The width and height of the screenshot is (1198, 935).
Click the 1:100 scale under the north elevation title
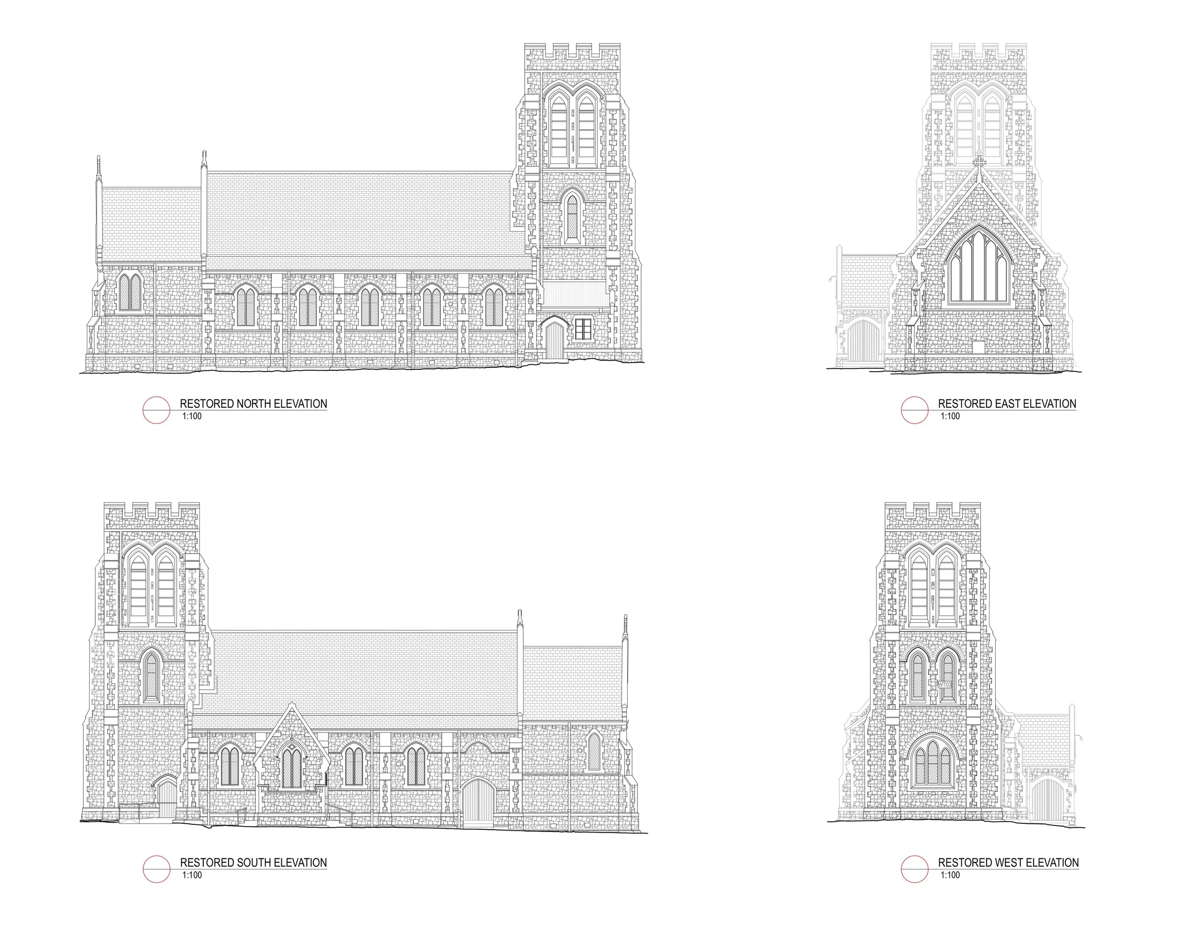click(191, 416)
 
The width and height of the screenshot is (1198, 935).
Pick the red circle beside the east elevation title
click(914, 410)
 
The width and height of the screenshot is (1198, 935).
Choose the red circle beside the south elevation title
click(156, 869)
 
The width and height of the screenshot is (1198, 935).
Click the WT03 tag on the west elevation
click(944, 685)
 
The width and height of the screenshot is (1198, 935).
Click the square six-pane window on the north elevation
click(583, 329)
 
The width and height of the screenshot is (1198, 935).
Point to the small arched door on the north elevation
click(554, 340)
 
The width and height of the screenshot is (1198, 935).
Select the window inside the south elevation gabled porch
click(292, 768)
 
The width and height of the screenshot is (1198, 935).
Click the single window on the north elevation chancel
click(129, 292)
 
